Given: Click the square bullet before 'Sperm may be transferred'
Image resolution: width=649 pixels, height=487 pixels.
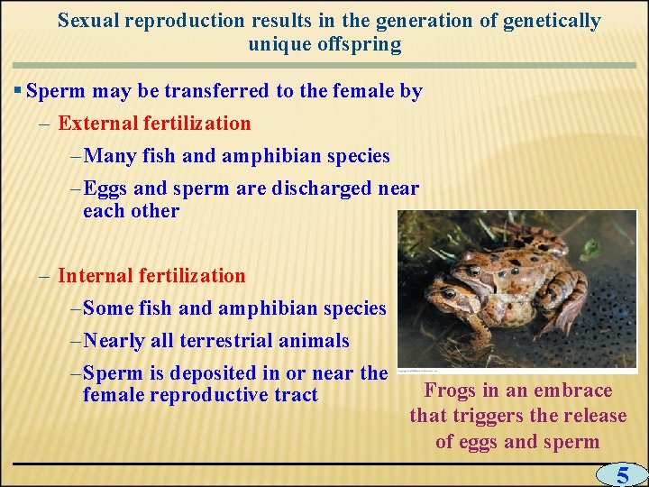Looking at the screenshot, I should (x=19, y=91).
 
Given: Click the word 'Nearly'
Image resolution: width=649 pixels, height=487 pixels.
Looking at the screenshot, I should (x=116, y=341).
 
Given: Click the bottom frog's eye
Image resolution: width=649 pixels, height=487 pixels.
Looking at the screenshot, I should (x=448, y=293).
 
